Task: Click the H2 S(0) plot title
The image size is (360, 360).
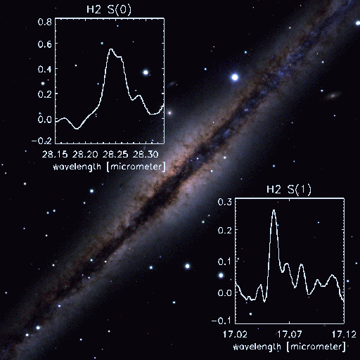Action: [x=109, y=10]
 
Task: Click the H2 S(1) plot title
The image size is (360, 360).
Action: [x=289, y=190]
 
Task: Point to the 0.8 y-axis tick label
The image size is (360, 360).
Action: [x=44, y=22]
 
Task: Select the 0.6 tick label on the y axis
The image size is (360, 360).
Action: [x=44, y=44]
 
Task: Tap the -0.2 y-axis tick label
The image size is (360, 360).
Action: [x=41, y=141]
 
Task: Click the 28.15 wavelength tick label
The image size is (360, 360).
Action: [x=55, y=155]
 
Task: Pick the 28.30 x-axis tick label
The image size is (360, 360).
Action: [x=146, y=155]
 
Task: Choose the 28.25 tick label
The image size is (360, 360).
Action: [x=115, y=155]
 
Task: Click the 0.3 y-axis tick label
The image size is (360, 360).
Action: [x=225, y=202]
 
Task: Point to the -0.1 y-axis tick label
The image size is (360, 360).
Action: [x=221, y=321]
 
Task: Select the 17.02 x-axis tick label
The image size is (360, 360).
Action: [x=235, y=334]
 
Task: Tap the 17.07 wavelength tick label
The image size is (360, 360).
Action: [x=289, y=334]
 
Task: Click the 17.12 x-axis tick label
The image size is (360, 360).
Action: [x=344, y=334]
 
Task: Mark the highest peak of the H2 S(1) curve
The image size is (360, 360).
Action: [x=274, y=210]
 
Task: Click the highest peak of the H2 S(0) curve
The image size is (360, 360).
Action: [x=111, y=49]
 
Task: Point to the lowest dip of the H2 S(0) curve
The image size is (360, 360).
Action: [x=77, y=129]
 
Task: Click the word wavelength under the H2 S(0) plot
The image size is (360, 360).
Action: [x=77, y=167]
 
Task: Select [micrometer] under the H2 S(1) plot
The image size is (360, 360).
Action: [x=316, y=347]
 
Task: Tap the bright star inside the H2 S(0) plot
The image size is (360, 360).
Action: [x=146, y=72]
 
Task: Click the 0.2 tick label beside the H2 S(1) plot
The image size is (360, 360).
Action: [x=225, y=231]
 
